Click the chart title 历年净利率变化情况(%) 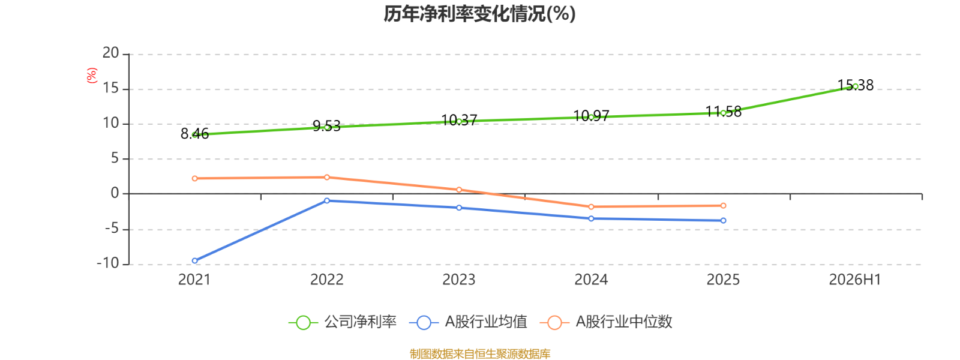click(x=479, y=14)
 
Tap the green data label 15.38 click(x=856, y=85)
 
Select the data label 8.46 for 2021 click(x=194, y=134)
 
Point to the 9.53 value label click(x=326, y=126)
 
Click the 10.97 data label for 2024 click(x=591, y=116)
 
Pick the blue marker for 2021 click(x=194, y=260)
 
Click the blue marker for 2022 click(x=327, y=200)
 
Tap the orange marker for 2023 click(x=459, y=190)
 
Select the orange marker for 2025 click(x=724, y=206)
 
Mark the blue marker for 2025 click(x=724, y=221)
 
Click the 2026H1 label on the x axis click(x=855, y=280)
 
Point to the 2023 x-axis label click(x=459, y=280)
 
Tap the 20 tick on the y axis click(x=110, y=53)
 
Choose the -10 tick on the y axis click(x=108, y=263)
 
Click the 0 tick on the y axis click(x=115, y=193)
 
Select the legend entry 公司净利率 click(x=343, y=322)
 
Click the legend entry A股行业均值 click(x=469, y=322)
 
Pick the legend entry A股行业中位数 click(x=606, y=322)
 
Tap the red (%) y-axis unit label click(x=92, y=76)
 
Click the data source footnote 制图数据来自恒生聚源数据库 click(x=480, y=353)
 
